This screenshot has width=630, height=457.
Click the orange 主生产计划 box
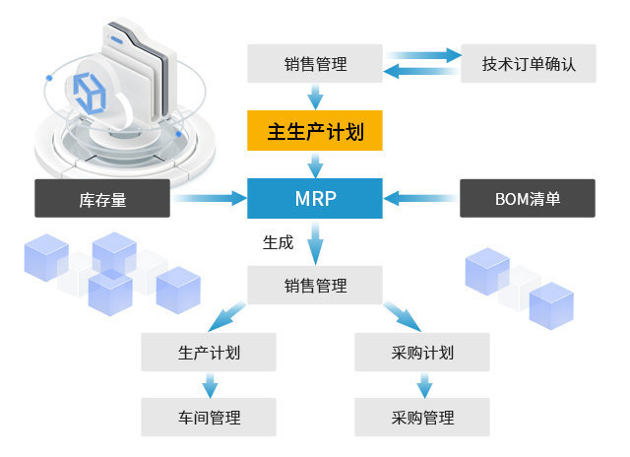point(315,131)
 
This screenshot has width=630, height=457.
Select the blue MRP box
point(315,198)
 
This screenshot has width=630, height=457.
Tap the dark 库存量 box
point(102,198)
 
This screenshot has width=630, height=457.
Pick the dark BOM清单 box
point(528,198)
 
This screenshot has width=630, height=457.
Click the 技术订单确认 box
point(528,64)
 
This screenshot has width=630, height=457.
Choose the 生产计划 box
point(209,352)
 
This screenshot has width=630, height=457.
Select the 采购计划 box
point(421,352)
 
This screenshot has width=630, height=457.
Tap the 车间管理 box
point(209,417)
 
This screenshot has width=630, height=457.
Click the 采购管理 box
point(421,417)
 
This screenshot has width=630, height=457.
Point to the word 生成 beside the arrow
point(278,242)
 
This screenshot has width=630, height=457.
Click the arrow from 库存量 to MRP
point(211,199)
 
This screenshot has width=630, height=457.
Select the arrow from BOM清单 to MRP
point(421,199)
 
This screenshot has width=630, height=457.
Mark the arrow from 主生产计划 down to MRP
point(315,163)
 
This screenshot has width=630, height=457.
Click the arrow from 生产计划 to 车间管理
point(209,384)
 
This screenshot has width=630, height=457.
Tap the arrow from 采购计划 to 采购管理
point(421,384)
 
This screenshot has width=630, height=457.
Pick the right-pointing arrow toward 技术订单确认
point(423,55)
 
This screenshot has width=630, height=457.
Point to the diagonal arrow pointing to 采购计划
point(403,317)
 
